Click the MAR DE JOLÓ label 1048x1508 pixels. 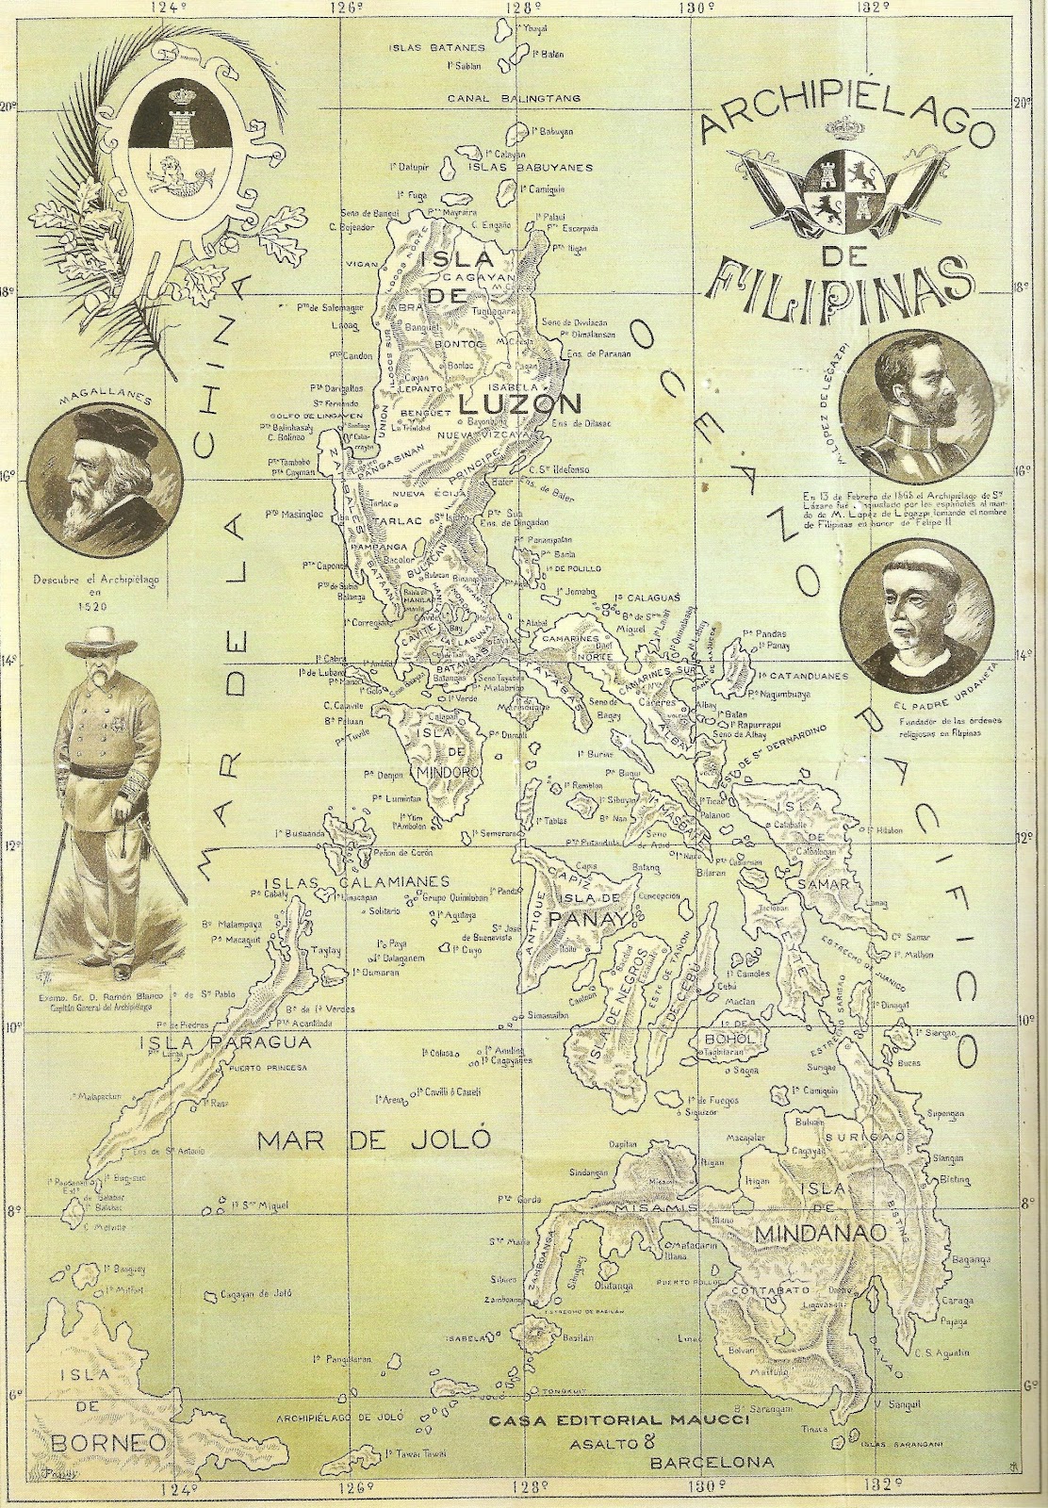coord(375,1139)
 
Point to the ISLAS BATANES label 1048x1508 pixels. coord(441,46)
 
